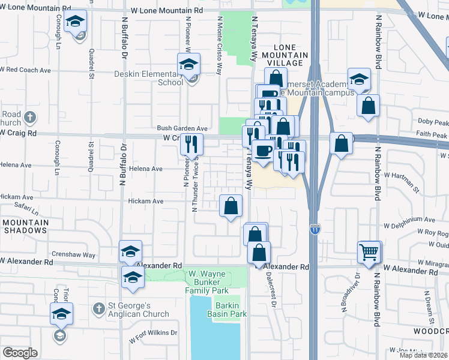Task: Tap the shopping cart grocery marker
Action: point(369,252)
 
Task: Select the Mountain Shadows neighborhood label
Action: point(25,227)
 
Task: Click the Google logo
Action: point(20,353)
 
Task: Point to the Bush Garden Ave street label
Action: point(182,128)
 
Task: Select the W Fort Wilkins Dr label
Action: point(154,333)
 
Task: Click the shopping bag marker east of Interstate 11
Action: point(341,144)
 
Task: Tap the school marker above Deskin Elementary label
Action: point(188,64)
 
